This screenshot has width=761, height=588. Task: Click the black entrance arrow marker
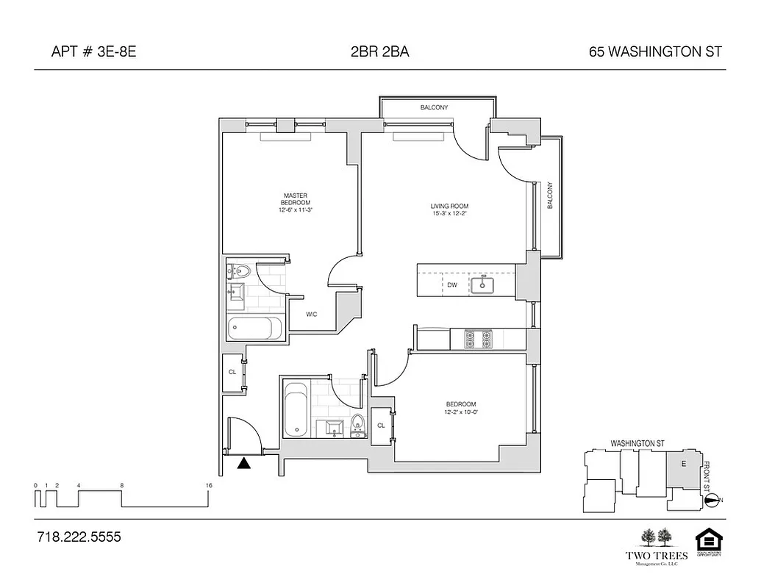243,462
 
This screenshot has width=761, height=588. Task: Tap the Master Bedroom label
295,199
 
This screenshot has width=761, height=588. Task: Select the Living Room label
449,206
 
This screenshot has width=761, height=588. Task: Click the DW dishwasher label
452,284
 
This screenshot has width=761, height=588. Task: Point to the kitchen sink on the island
485,284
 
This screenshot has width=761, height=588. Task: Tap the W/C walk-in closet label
312,315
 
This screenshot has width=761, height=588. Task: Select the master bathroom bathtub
254,328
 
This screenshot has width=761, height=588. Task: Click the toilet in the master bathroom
238,272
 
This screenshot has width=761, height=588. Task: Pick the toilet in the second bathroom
358,424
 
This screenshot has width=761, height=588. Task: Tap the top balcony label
434,108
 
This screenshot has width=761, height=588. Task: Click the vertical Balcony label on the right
550,196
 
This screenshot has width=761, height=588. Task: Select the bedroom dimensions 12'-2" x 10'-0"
460,413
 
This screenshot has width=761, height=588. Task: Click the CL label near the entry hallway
232,372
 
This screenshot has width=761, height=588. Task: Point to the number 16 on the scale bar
209,486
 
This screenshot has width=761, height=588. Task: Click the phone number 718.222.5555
79,537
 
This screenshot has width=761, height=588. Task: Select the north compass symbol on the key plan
712,501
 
